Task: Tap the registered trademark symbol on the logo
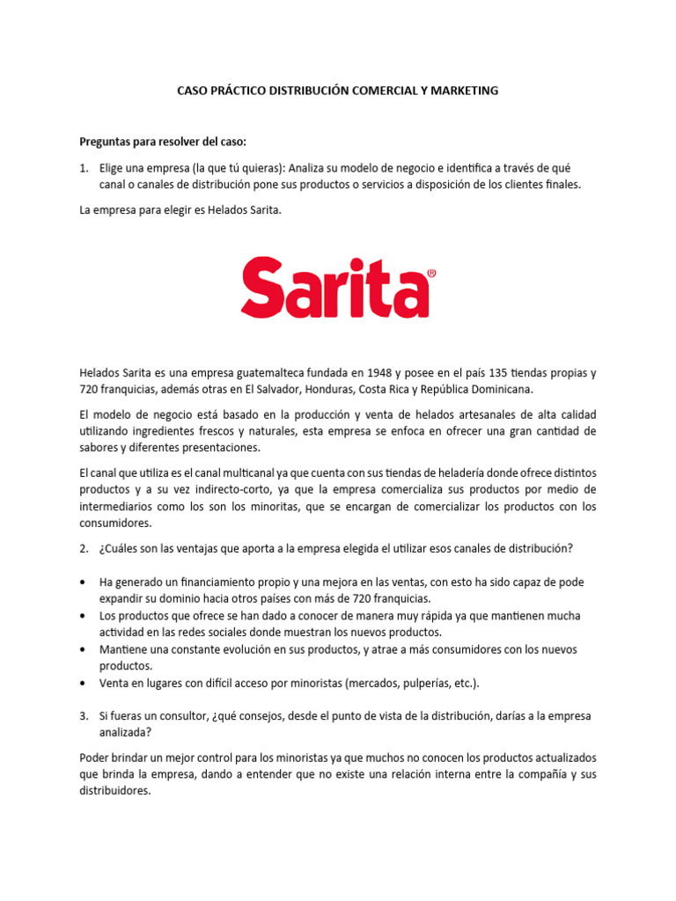point(430,274)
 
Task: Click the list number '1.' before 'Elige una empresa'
point(84,167)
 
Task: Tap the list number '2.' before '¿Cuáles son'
point(84,548)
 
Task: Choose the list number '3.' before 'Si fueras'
point(84,716)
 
